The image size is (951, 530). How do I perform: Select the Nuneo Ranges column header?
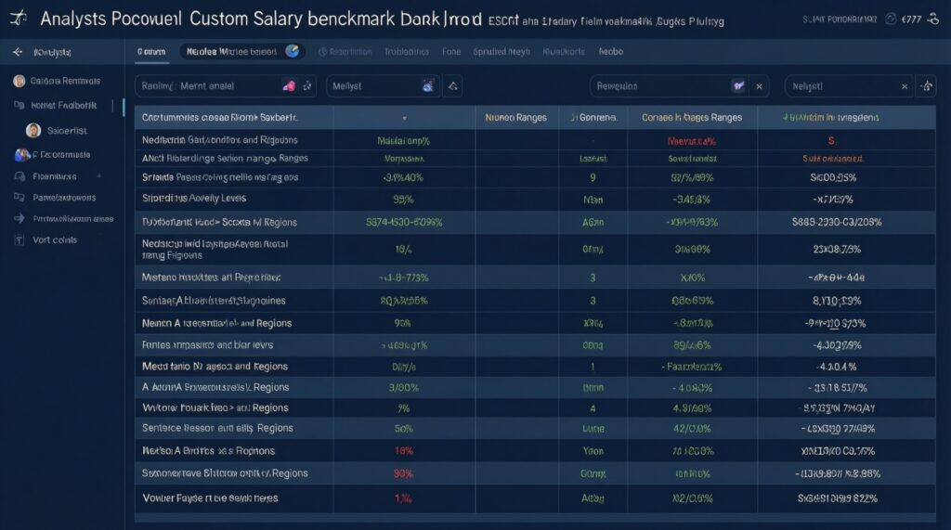[x=515, y=118]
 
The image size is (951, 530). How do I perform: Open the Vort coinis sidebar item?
[x=54, y=239]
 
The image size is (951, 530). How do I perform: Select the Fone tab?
[x=451, y=53]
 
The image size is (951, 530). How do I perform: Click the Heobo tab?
[x=611, y=53]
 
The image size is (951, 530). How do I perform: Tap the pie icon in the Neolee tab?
[x=293, y=53]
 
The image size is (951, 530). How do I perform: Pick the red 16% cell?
[x=403, y=450]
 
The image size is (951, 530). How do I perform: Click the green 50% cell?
[x=403, y=428]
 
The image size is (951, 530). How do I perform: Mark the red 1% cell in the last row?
[x=403, y=498]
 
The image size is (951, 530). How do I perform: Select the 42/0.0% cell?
[x=692, y=428]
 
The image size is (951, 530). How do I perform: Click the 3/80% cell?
[x=403, y=387]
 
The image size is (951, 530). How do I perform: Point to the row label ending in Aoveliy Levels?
[x=201, y=199]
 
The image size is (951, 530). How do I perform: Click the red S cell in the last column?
[x=831, y=141]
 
